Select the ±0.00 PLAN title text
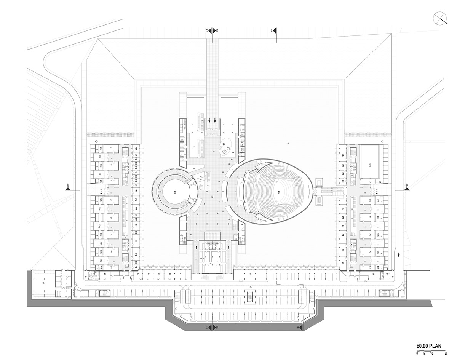tap(429, 346)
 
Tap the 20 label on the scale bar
tap(446, 351)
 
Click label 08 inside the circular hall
tap(175, 192)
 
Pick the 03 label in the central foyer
tap(212, 196)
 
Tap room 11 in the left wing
tap(111, 148)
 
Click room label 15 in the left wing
tap(111, 218)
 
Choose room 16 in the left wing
tap(111, 252)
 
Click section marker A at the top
tap(273, 31)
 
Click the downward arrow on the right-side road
tap(399, 255)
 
